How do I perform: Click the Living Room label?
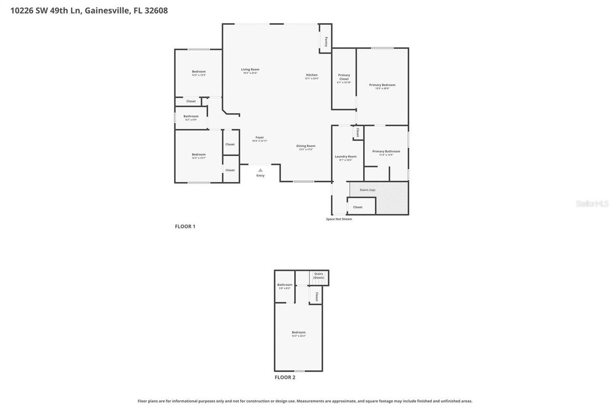tap(250, 70)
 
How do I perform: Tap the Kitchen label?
tap(312, 75)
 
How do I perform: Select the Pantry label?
tap(326, 42)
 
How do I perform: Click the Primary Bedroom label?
tap(382, 85)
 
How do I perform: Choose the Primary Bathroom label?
tap(386, 151)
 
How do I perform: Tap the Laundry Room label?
tap(346, 157)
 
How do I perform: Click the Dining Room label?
tap(306, 146)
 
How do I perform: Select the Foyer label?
tap(260, 137)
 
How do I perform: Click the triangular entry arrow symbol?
tap(260, 169)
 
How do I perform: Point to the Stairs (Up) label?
tap(367, 190)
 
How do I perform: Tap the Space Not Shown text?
tap(339, 219)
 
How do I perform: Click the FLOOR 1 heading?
tap(185, 227)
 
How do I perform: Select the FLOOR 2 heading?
tap(285, 377)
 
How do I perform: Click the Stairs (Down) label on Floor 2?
tap(319, 276)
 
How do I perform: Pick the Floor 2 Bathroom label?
tap(285, 285)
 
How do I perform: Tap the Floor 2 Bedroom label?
tap(299, 332)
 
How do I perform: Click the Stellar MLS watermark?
tap(592, 204)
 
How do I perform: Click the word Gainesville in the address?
tap(107, 10)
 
